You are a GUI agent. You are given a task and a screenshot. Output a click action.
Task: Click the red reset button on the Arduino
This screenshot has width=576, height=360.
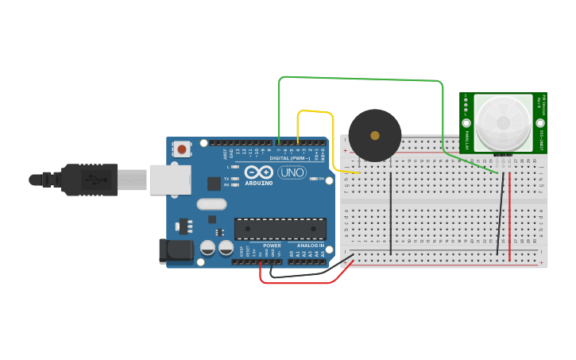[x=182, y=149]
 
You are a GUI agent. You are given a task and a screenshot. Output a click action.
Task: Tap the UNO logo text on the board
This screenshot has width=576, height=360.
[x=292, y=172]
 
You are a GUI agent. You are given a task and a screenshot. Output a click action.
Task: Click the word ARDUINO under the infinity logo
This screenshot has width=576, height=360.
[x=259, y=183]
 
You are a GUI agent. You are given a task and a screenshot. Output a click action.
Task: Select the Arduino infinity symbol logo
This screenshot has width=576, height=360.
[x=259, y=172]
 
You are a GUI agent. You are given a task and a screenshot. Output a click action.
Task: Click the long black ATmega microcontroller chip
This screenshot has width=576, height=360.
[x=280, y=229]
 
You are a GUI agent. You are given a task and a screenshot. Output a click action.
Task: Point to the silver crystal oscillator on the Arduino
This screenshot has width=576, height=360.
[x=212, y=204]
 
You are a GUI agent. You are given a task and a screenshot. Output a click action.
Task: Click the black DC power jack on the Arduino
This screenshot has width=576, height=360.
[x=175, y=250]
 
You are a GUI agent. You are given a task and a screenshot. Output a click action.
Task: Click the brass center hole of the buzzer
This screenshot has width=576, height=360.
[x=375, y=135]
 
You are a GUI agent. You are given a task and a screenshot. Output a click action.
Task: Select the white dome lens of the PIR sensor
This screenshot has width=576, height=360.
[x=502, y=122]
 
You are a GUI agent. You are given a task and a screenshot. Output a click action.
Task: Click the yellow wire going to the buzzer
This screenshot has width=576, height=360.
[x=314, y=111]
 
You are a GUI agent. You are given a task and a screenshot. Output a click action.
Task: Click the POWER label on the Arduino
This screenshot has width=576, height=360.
[x=272, y=246]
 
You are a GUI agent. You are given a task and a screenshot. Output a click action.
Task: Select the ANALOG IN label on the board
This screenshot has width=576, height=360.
[x=311, y=246]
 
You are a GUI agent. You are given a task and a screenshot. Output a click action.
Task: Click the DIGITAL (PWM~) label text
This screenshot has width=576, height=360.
[x=290, y=158]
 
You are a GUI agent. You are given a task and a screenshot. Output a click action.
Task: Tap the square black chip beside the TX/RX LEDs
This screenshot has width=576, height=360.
[x=214, y=183]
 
